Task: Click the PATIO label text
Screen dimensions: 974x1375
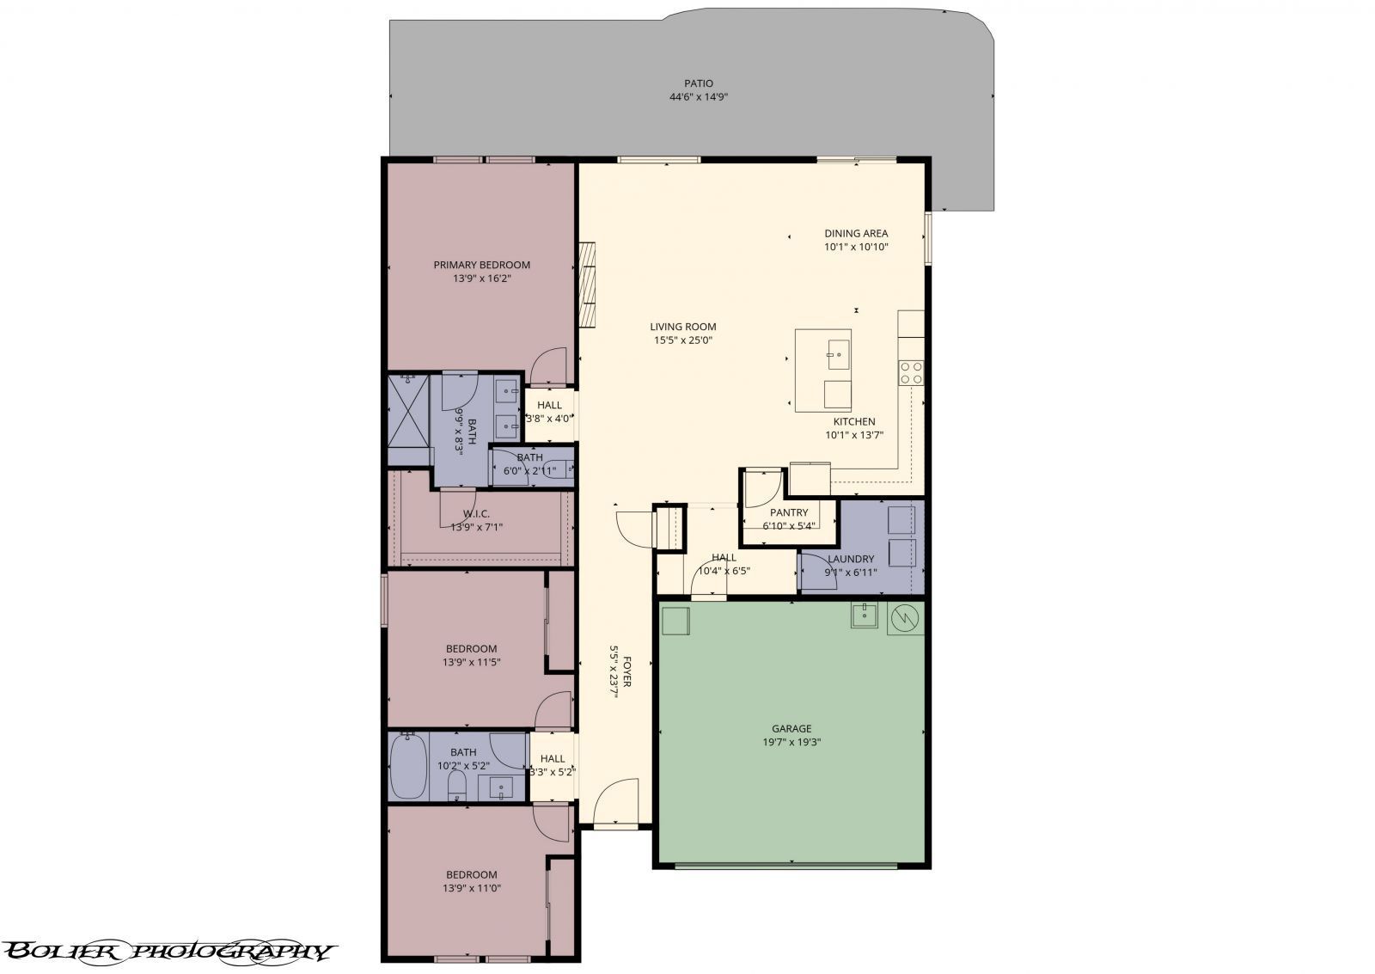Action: pyautogui.click(x=698, y=83)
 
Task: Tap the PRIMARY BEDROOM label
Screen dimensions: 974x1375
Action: pyautogui.click(x=481, y=265)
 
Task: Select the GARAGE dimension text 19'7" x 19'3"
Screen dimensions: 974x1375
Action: pyautogui.click(x=791, y=742)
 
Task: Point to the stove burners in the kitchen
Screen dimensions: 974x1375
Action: pyautogui.click(x=911, y=372)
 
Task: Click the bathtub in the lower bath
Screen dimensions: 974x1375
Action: pyautogui.click(x=407, y=766)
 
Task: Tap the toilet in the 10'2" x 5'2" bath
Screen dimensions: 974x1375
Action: pyautogui.click(x=457, y=784)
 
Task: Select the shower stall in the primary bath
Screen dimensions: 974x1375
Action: pyautogui.click(x=408, y=419)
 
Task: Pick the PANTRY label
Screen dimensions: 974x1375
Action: pyautogui.click(x=788, y=512)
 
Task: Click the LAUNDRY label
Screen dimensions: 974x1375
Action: pyautogui.click(x=850, y=559)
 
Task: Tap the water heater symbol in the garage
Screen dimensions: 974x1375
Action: pyautogui.click(x=904, y=617)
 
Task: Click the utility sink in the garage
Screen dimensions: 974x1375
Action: pyautogui.click(x=863, y=615)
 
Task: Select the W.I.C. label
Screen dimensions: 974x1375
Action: pyautogui.click(x=476, y=513)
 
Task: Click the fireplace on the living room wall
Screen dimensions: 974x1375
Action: pyautogui.click(x=587, y=284)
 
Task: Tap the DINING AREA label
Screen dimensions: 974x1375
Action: pyautogui.click(x=855, y=233)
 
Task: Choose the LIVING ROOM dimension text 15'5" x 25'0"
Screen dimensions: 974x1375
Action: pyautogui.click(x=682, y=340)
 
